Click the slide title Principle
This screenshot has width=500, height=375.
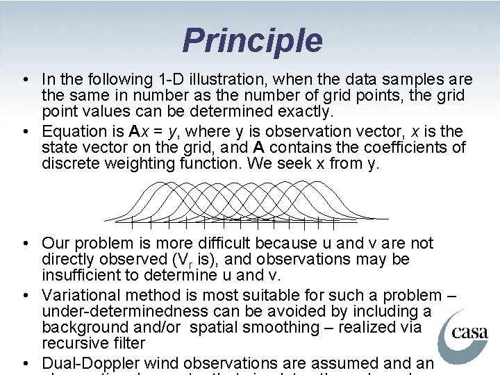pos(252,40)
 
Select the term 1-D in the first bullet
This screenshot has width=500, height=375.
pos(162,80)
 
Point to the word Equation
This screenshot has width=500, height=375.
pos(72,131)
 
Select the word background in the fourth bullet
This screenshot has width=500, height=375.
pos(85,326)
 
